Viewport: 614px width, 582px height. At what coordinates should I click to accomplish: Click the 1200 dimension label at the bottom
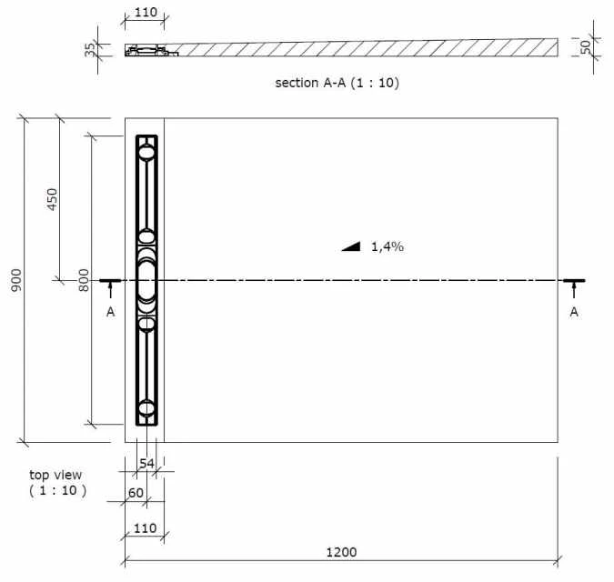(341, 552)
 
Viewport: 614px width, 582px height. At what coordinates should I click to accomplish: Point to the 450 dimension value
(52, 199)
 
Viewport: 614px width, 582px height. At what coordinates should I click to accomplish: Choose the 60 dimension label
(136, 492)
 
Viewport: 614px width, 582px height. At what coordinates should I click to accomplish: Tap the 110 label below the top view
(145, 528)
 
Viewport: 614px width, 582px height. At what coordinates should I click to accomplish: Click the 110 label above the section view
(145, 14)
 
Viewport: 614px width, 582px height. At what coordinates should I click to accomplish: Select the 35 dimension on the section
(90, 49)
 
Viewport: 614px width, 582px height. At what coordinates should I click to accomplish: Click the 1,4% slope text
(387, 246)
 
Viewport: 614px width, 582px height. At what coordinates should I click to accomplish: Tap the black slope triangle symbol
(352, 246)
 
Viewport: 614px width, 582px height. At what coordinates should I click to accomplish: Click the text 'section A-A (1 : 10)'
(337, 83)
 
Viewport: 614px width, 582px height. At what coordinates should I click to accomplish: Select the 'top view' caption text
(55, 475)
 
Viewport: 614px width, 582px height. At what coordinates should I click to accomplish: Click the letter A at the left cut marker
(110, 311)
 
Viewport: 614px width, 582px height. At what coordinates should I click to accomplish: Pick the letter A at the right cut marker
(574, 311)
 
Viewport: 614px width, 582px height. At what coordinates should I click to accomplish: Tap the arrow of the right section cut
(574, 287)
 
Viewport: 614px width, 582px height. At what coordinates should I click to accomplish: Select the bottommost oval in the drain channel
(146, 408)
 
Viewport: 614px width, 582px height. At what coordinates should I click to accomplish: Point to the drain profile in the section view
(148, 50)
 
